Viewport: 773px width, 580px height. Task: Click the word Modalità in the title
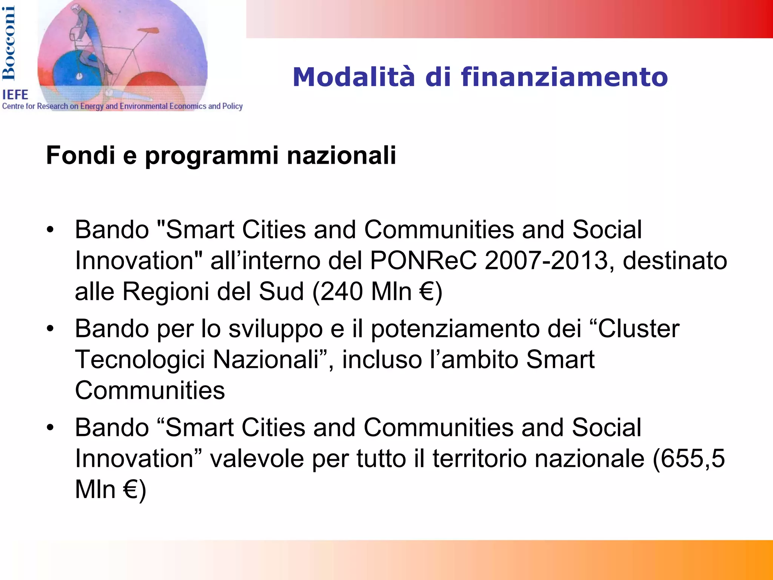pos(353,77)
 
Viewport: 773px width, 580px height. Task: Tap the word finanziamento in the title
pos(564,77)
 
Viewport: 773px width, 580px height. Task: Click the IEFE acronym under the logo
pos(15,95)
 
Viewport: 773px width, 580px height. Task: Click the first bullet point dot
pos(50,229)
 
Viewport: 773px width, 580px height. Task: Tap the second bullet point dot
pos(50,329)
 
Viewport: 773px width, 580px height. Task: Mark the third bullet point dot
pos(50,428)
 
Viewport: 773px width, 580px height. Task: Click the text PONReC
pos(423,260)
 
